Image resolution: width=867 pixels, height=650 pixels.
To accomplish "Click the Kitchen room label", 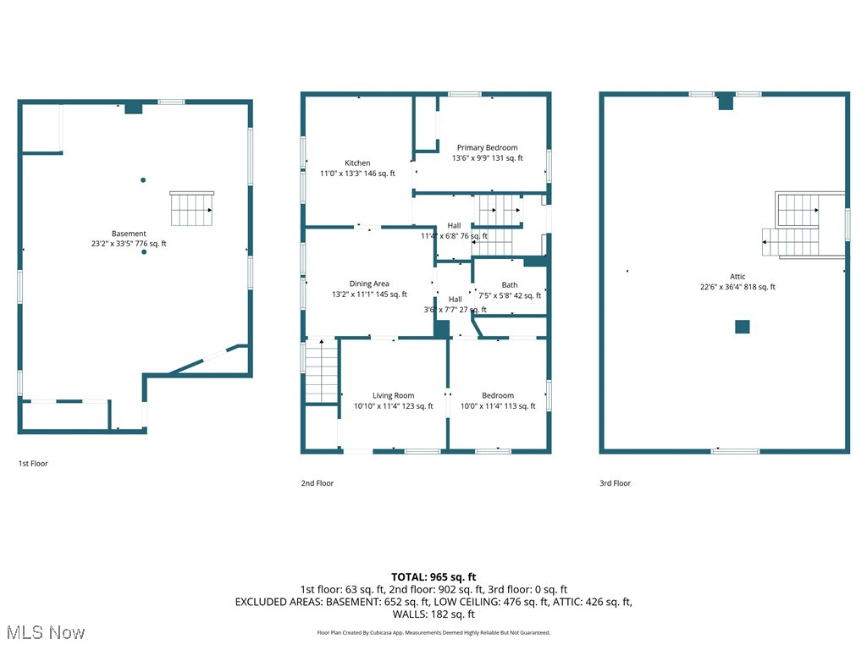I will (x=357, y=163).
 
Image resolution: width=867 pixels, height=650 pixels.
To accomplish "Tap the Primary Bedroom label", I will (x=487, y=148).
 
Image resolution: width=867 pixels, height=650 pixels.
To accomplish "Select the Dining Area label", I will (x=369, y=284).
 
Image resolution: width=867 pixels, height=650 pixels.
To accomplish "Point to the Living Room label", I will (x=393, y=396).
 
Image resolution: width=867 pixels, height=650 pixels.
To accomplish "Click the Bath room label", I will (x=509, y=285).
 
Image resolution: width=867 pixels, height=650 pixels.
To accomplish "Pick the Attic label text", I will (x=737, y=277).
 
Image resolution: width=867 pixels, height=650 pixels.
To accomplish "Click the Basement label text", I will (x=129, y=234).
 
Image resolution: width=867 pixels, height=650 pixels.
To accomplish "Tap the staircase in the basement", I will (x=191, y=209).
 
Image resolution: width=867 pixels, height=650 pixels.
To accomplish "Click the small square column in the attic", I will (x=743, y=327).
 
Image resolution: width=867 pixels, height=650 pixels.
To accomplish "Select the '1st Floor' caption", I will (x=34, y=464).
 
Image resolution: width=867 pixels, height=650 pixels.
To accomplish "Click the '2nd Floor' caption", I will (x=318, y=483).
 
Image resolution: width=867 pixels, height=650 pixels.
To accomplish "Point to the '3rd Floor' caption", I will (x=615, y=483).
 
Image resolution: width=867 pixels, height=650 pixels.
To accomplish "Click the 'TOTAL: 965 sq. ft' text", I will (x=433, y=576).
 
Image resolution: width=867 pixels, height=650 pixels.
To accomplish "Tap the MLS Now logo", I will (x=45, y=631).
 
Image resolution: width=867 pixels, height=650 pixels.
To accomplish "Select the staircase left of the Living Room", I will (x=321, y=371).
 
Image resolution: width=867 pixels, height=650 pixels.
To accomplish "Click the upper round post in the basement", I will (x=143, y=179).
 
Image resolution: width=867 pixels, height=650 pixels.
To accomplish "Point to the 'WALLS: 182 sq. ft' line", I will (x=433, y=614).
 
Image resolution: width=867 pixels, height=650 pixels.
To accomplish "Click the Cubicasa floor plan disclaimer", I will (x=433, y=632).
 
